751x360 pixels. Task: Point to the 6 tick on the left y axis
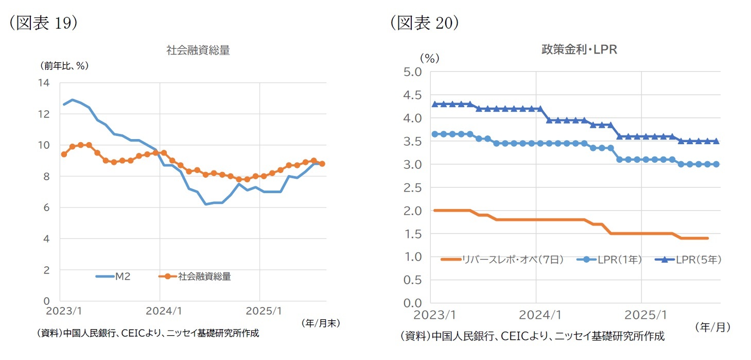coord(46,208)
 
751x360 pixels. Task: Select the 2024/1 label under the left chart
coord(160,312)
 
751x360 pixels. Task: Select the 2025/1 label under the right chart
coord(642,314)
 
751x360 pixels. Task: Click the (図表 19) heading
coord(43,24)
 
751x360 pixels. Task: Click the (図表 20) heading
coord(424,23)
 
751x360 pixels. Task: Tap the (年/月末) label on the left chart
coord(321,323)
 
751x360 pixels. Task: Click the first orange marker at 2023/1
coord(64,154)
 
